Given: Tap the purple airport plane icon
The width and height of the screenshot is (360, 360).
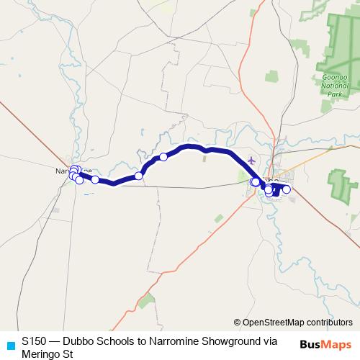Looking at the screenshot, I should (x=251, y=160).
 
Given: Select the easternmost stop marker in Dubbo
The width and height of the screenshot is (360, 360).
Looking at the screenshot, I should (x=286, y=189).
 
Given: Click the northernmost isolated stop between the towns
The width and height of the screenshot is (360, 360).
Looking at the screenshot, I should (x=163, y=157).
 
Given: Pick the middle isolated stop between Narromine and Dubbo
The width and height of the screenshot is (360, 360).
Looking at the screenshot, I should (x=138, y=176).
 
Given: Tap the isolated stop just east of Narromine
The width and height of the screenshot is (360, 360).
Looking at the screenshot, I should (x=95, y=180).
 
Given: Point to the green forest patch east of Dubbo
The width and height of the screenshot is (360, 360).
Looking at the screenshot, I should (x=337, y=183).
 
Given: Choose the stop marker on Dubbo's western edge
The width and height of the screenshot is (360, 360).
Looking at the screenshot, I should (x=254, y=182).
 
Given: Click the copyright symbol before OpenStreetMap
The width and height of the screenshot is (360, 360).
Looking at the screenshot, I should (x=238, y=323).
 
